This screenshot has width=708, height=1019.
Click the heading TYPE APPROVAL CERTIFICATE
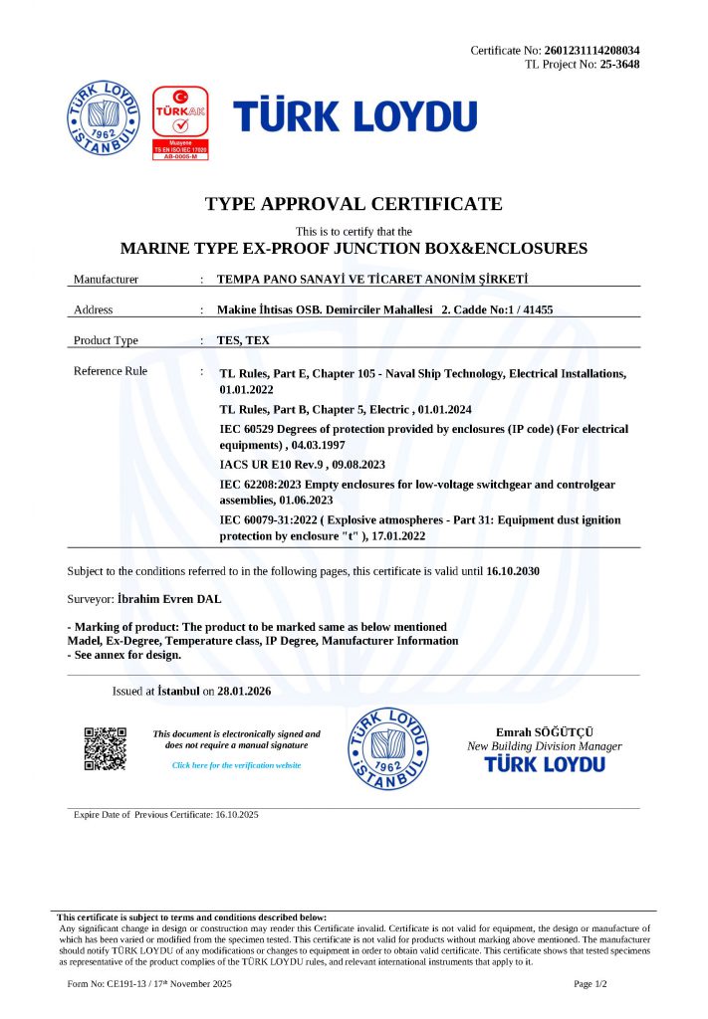tap(354, 204)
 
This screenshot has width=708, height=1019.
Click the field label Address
tap(94, 309)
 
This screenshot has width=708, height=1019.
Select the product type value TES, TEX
tap(243, 340)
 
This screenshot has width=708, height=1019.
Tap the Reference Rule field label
tap(111, 371)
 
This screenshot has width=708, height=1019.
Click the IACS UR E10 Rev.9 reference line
tap(301, 465)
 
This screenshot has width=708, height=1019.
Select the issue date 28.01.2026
tap(245, 691)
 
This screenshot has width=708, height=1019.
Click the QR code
tap(105, 749)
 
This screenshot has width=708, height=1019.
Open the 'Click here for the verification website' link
tap(236, 765)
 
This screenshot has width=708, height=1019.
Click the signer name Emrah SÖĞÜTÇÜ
tap(544, 732)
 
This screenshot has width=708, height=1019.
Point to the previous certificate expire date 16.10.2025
tap(236, 815)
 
